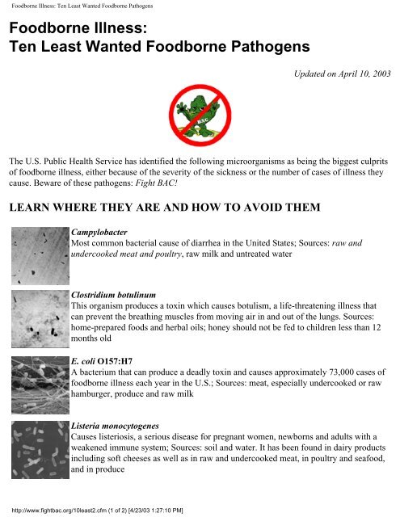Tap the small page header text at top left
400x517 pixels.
[78, 6]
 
